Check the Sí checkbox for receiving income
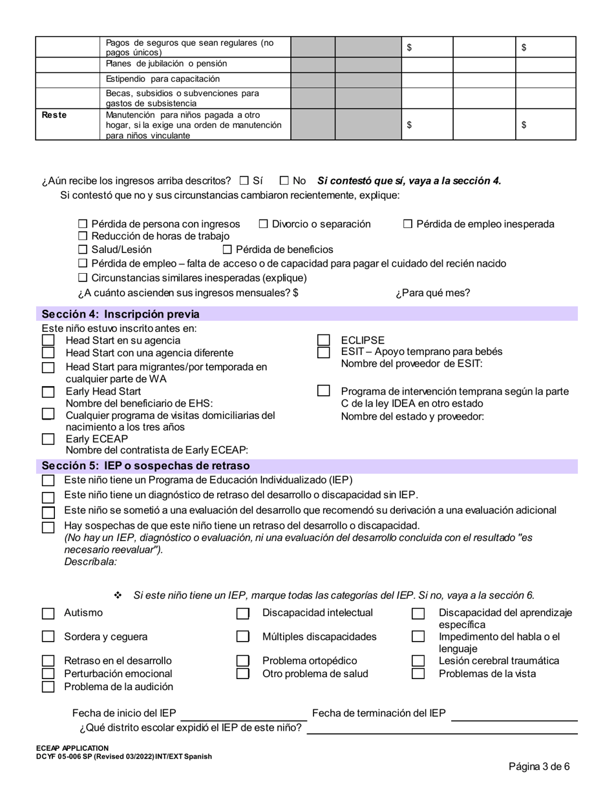(x=244, y=181)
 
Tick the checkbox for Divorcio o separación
(x=263, y=224)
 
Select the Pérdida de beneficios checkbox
(x=227, y=249)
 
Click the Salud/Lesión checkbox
(x=82, y=249)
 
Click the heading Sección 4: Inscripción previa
(x=120, y=314)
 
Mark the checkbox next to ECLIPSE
(x=323, y=340)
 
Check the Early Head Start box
(x=48, y=392)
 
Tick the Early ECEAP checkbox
(x=48, y=439)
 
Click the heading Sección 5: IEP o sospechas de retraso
(x=145, y=465)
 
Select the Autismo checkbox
(x=48, y=613)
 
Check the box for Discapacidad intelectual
(x=242, y=613)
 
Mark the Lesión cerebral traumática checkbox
(x=418, y=661)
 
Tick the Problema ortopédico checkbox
(x=242, y=661)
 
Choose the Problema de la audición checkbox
(x=48, y=687)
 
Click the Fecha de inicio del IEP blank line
(x=244, y=714)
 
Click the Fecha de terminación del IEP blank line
(x=514, y=714)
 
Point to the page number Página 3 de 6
(x=539, y=767)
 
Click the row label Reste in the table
(x=54, y=115)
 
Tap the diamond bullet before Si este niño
(x=118, y=595)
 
